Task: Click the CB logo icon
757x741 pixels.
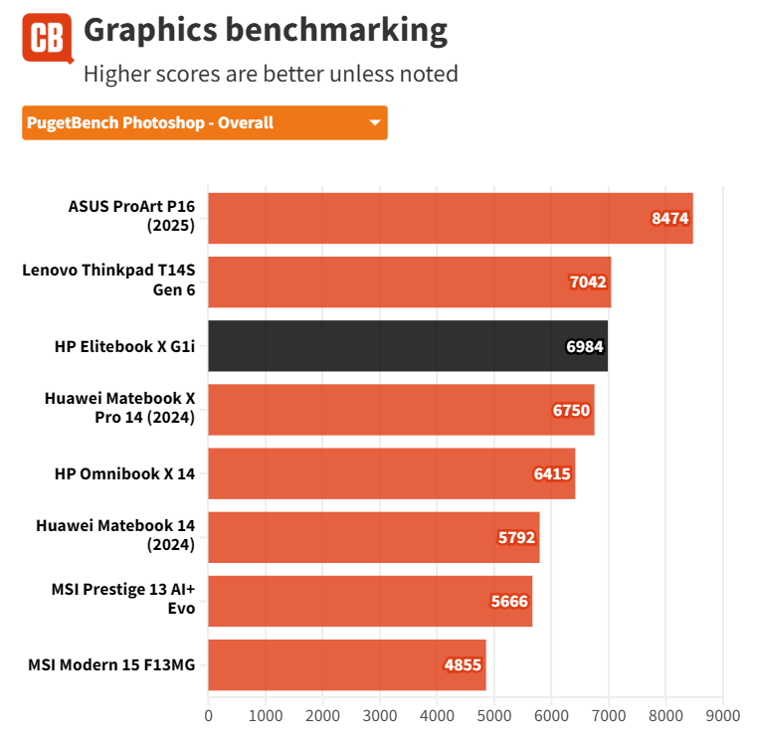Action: pyautogui.click(x=47, y=39)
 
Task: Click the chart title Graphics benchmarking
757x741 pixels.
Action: pyautogui.click(x=266, y=30)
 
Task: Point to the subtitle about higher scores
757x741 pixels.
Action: pyautogui.click(x=271, y=74)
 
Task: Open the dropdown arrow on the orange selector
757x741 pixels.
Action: pyautogui.click(x=375, y=123)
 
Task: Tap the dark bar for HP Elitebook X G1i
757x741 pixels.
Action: pyautogui.click(x=408, y=346)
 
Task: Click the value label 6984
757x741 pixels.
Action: pyautogui.click(x=585, y=347)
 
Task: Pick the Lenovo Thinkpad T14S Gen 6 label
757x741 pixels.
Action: pyautogui.click(x=109, y=281)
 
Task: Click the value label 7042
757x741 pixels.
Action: pyautogui.click(x=588, y=282)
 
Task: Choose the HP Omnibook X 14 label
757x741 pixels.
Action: pyautogui.click(x=124, y=473)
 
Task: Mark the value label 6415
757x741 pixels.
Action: pyautogui.click(x=552, y=474)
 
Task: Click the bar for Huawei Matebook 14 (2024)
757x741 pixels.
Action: pyautogui.click(x=373, y=537)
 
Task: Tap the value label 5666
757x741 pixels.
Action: pyautogui.click(x=509, y=602)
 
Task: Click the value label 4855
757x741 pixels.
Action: pyautogui.click(x=463, y=665)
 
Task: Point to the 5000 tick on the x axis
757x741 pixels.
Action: pyautogui.click(x=494, y=714)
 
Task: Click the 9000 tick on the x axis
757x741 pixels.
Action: pyautogui.click(x=723, y=714)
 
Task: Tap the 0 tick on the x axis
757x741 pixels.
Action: pyautogui.click(x=209, y=714)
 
